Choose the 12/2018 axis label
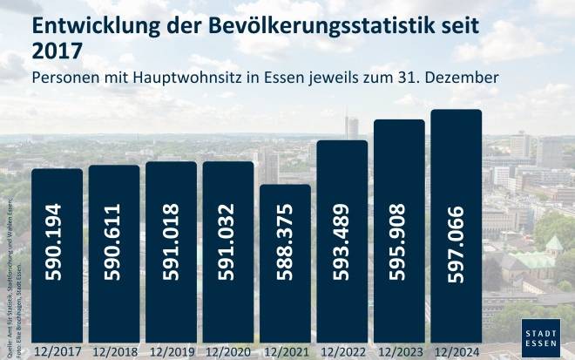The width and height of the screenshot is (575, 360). point(113,352)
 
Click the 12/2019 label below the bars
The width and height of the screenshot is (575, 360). point(171,352)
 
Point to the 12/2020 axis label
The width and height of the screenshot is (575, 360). point(227,352)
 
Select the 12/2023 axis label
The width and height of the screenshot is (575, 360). point(399,352)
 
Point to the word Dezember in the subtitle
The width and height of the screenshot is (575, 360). point(463,78)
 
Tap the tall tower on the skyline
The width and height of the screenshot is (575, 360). point(352,127)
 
